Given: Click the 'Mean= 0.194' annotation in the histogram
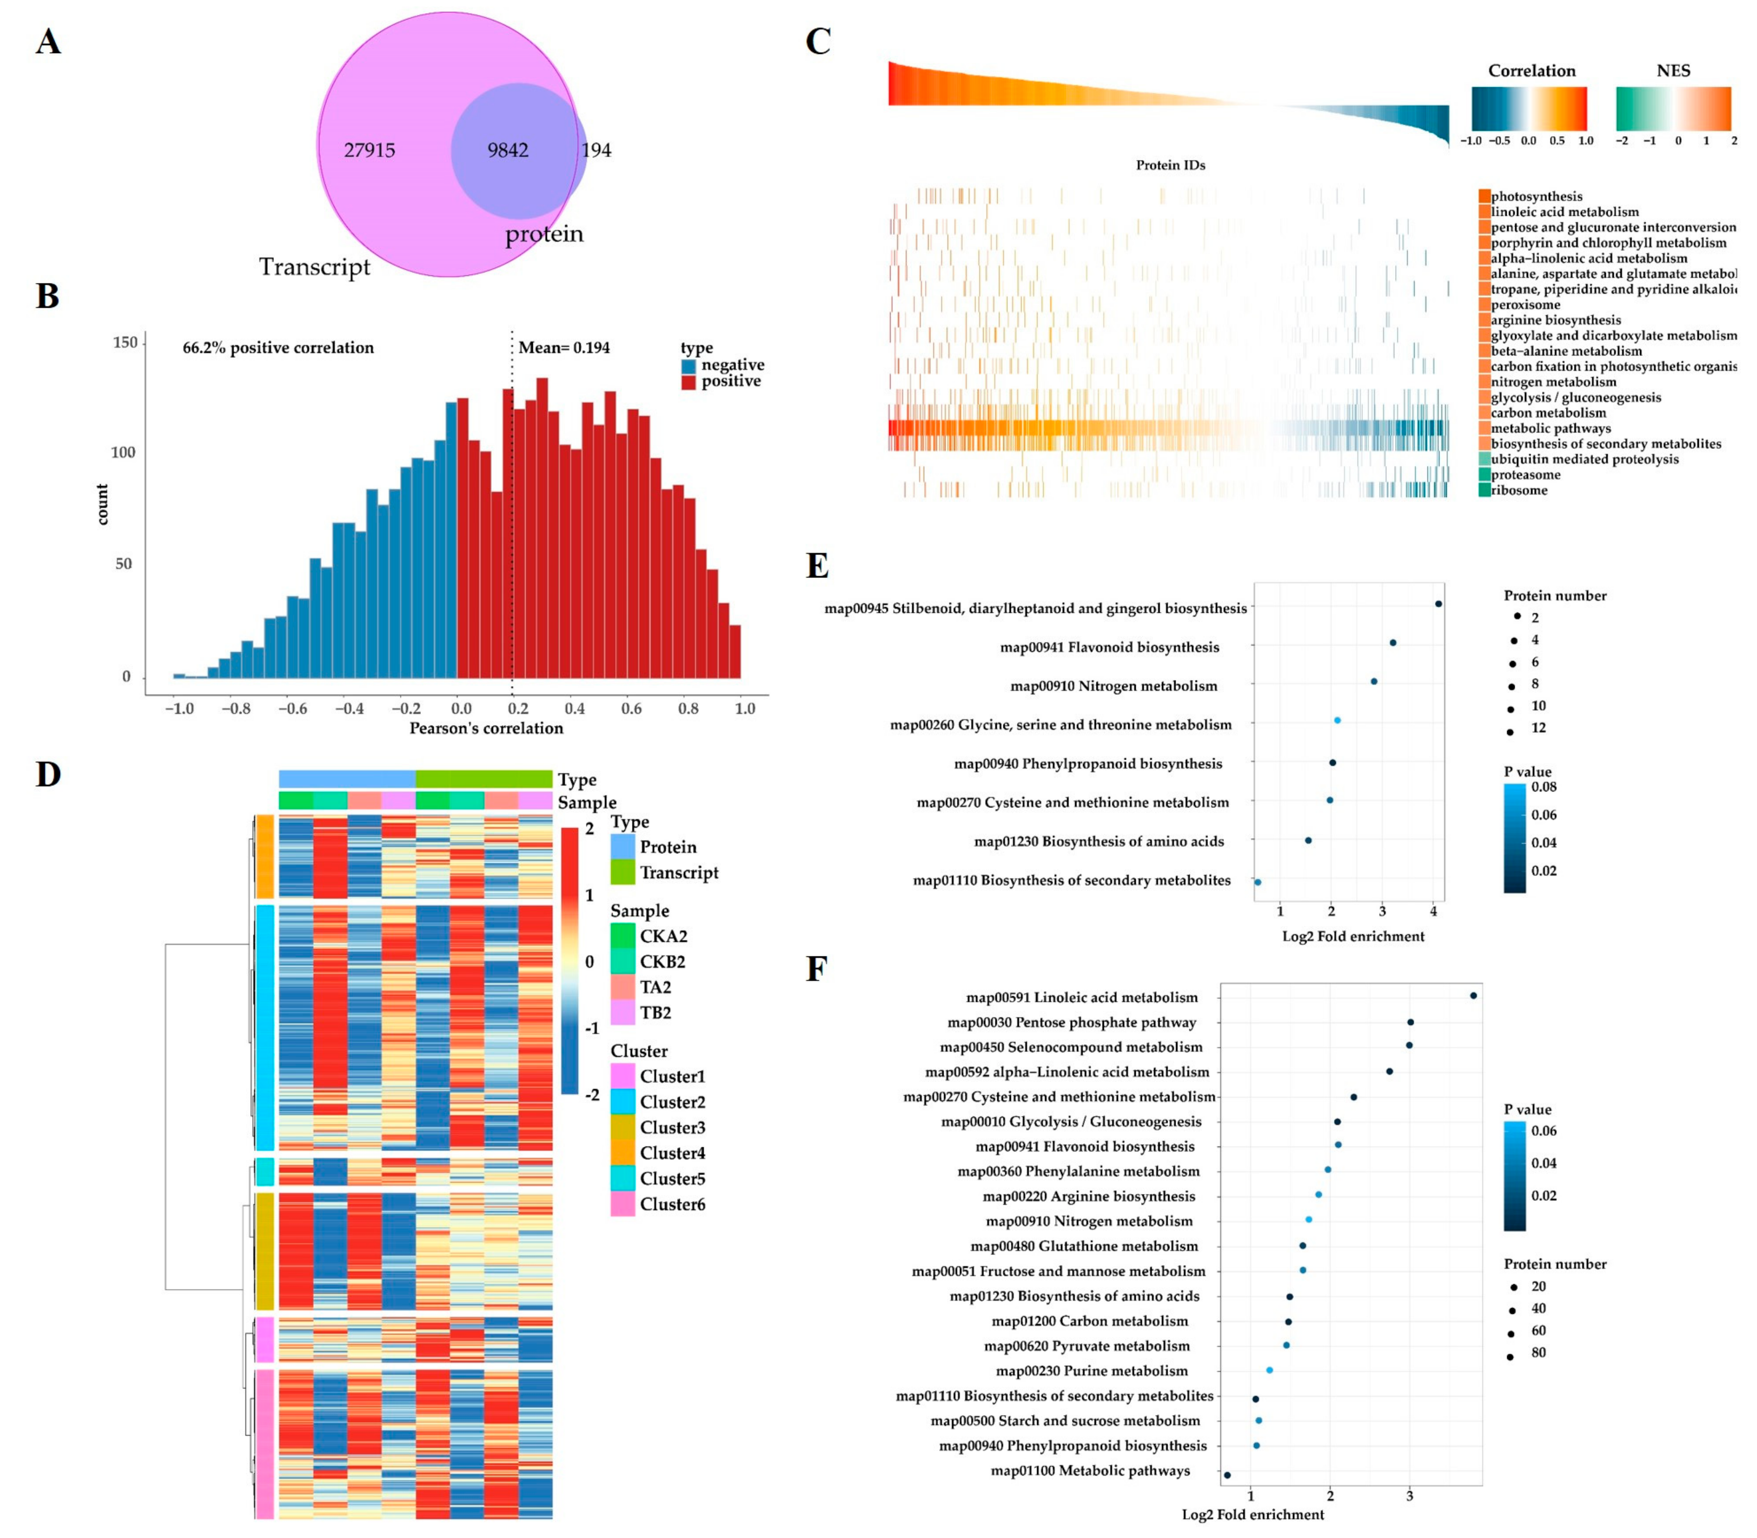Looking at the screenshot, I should click(x=564, y=348).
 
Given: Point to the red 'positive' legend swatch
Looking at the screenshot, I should click(x=688, y=382).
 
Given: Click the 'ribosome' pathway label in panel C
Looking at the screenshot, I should click(x=1519, y=490).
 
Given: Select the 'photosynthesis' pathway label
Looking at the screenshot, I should click(x=1536, y=197).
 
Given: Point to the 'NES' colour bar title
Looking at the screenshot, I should click(x=1673, y=71).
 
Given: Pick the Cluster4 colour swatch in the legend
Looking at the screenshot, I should click(x=622, y=1153).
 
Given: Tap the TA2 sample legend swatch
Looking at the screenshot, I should click(x=622, y=987).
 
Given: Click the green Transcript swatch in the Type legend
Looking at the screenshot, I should click(x=622, y=872).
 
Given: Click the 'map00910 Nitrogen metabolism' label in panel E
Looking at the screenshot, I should click(x=1113, y=686).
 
